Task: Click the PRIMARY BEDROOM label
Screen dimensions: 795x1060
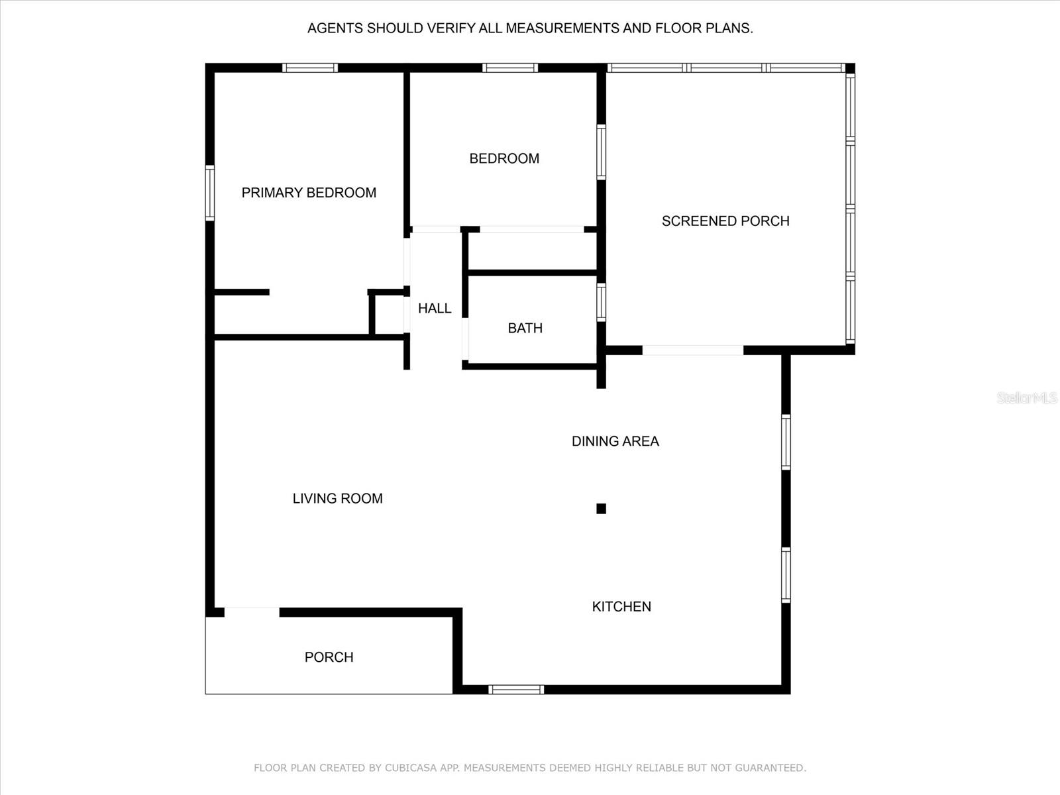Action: coord(309,193)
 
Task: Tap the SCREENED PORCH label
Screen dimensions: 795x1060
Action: coord(725,221)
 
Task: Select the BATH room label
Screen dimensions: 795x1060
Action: coord(525,328)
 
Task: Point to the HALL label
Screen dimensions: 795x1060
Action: coord(435,308)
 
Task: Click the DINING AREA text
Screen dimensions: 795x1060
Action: coord(615,441)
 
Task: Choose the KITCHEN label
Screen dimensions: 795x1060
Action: coord(621,606)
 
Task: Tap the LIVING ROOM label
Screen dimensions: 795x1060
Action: coord(337,498)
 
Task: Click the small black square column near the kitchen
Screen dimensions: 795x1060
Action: coord(601,509)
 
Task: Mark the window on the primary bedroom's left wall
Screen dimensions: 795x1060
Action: coord(209,193)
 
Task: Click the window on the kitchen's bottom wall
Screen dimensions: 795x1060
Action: coord(516,690)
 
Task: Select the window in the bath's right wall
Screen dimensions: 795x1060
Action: coord(601,302)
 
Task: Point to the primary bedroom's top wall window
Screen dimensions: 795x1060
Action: coord(309,68)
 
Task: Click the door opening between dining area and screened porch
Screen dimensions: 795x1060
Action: coord(692,350)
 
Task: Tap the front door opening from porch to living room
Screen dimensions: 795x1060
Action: coord(252,612)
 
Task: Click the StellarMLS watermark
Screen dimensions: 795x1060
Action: coord(1026,397)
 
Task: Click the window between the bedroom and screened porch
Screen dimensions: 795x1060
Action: coord(601,152)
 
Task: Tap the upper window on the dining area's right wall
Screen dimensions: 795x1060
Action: coord(786,442)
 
